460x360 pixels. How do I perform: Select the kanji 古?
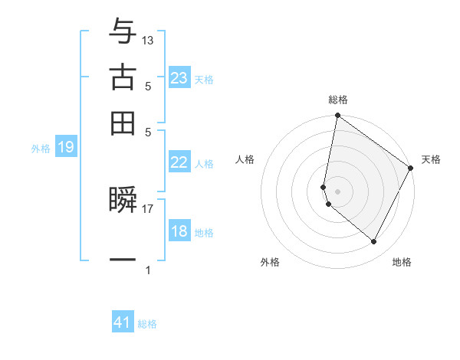[123, 77]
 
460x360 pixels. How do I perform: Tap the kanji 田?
[123, 123]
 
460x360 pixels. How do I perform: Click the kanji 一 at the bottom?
[123, 260]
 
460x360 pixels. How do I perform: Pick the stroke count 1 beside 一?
[148, 270]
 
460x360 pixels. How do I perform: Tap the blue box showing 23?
[179, 78]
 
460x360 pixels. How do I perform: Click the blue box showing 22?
[179, 162]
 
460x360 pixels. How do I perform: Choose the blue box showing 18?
[179, 231]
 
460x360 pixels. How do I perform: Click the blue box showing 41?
[123, 322]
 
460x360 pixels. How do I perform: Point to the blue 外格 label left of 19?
[41, 149]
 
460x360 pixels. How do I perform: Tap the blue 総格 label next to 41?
[147, 324]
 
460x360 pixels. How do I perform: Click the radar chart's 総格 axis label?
[338, 100]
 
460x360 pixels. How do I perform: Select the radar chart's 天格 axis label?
[431, 159]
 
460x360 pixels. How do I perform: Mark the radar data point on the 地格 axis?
[374, 242]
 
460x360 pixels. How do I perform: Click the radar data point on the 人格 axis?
[324, 186]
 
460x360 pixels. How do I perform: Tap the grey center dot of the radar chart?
[338, 191]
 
